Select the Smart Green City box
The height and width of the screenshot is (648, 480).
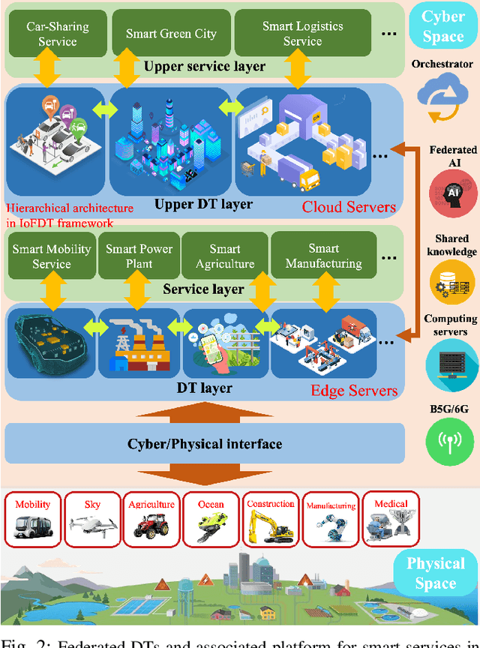click(171, 34)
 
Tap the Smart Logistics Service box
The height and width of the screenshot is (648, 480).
click(302, 34)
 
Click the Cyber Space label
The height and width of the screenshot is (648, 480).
click(443, 27)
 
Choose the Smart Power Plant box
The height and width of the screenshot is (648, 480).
click(139, 256)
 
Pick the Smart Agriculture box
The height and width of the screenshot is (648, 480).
click(225, 256)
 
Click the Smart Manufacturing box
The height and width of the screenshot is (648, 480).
click(323, 256)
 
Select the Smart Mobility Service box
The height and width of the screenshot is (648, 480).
click(52, 256)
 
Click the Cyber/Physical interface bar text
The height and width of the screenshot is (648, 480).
click(204, 444)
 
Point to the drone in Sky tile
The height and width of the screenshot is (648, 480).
click(91, 526)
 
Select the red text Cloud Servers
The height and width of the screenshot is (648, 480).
click(349, 207)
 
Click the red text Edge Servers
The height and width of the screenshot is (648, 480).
click(354, 391)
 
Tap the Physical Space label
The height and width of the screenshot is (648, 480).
click(435, 574)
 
